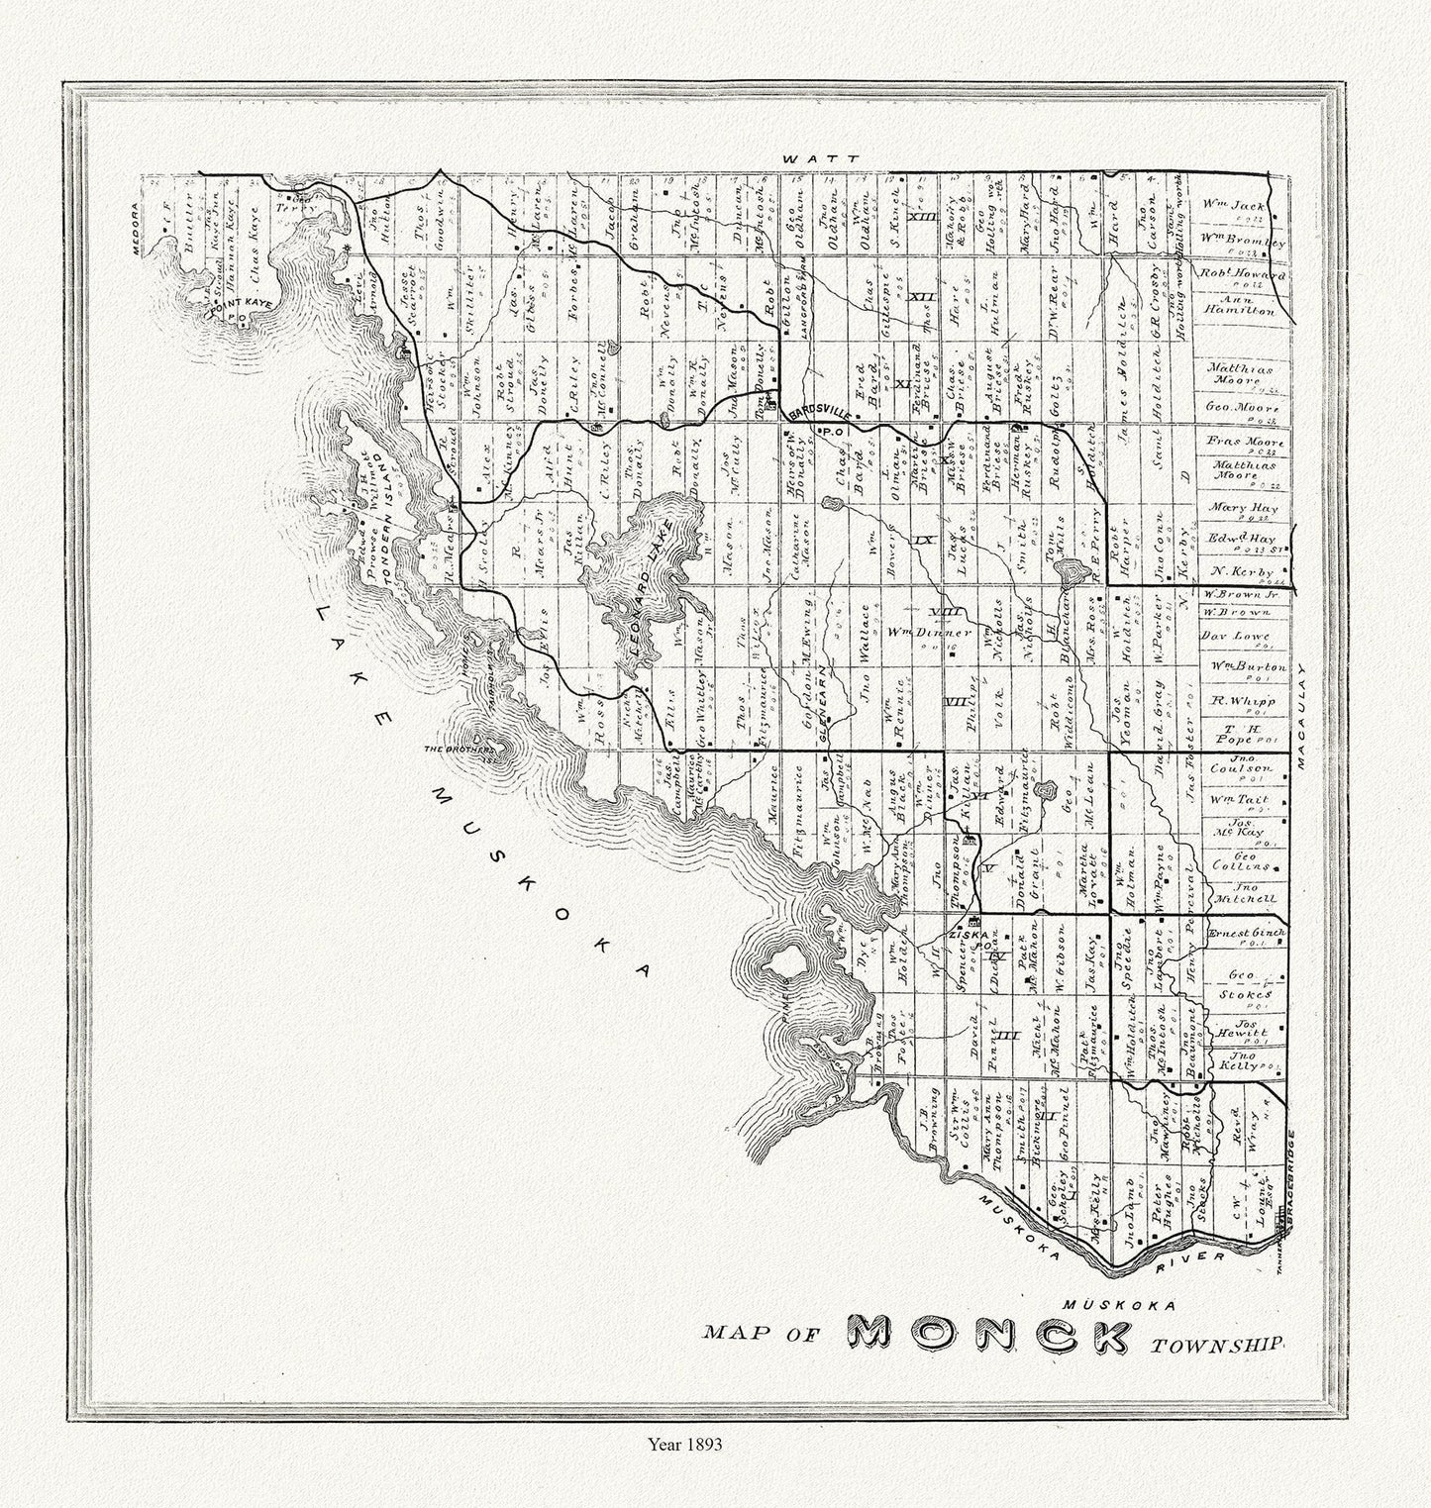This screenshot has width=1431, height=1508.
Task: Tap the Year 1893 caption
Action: pos(682,1444)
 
